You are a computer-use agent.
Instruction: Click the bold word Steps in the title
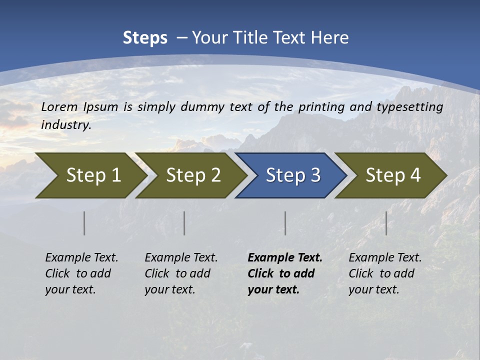click(x=145, y=38)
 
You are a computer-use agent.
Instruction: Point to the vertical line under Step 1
click(x=84, y=223)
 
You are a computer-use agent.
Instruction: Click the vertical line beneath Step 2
click(x=184, y=223)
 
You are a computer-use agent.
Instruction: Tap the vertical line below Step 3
click(x=285, y=223)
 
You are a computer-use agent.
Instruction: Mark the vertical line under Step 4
click(x=386, y=223)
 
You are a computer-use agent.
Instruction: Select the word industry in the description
click(x=66, y=125)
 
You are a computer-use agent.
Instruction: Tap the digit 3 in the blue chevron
click(x=315, y=175)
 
